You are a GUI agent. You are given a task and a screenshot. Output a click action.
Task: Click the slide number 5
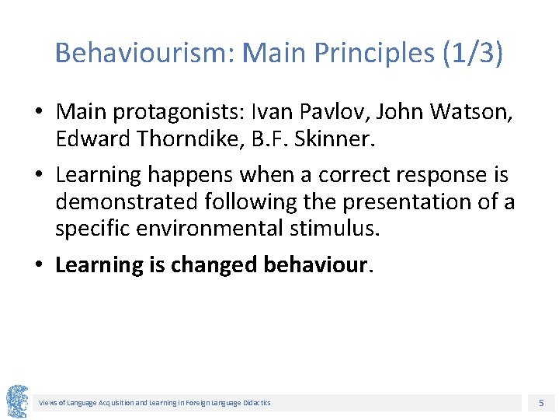pyautogui.click(x=541, y=403)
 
